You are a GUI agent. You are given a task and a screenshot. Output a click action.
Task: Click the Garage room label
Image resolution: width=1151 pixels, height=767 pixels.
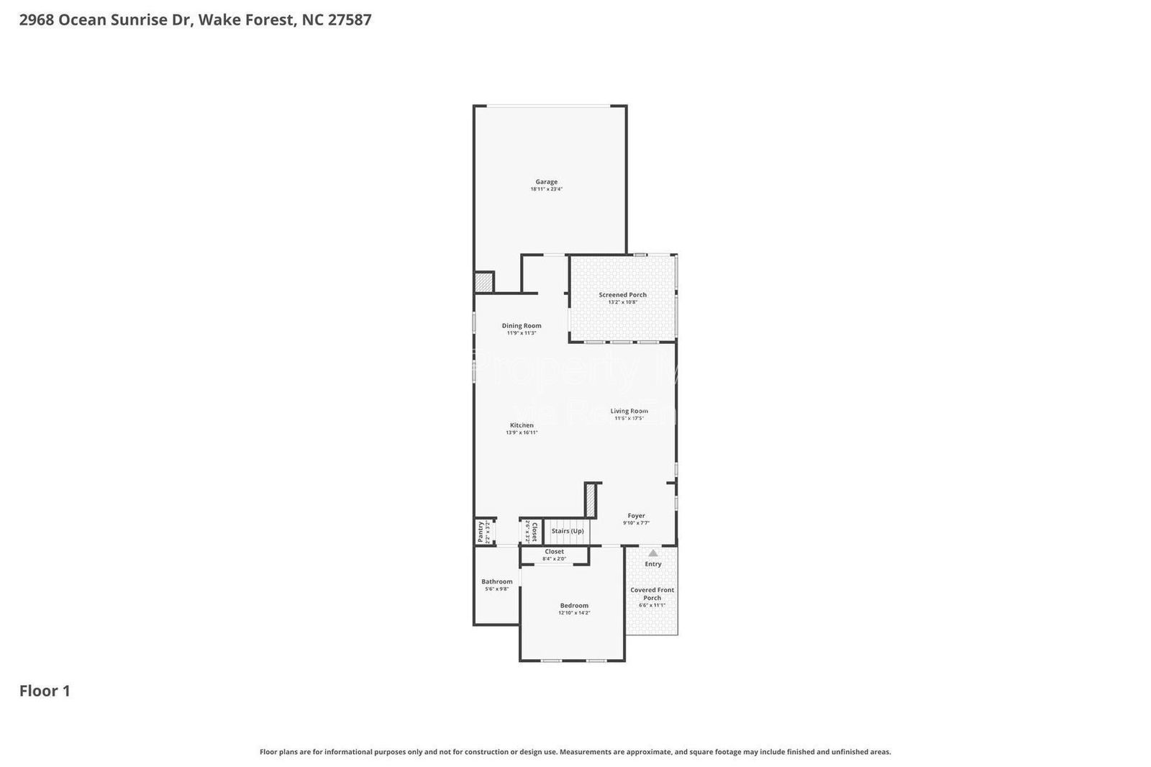tap(546, 182)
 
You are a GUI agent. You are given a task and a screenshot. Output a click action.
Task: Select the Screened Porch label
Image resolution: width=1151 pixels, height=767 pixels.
tap(622, 295)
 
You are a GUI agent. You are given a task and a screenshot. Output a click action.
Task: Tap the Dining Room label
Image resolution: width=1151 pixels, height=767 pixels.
tap(522, 326)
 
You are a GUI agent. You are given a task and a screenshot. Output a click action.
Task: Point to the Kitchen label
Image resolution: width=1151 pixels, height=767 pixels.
tap(522, 425)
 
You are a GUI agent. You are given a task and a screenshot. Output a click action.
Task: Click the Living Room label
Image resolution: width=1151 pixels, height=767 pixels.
tap(629, 412)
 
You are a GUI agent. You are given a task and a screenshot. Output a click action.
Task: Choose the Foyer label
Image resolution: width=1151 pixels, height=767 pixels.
tap(636, 516)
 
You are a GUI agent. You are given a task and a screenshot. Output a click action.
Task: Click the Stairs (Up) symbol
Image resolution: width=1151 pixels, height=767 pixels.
tap(567, 531)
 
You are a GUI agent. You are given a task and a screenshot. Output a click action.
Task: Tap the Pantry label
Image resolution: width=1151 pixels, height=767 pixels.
tap(481, 532)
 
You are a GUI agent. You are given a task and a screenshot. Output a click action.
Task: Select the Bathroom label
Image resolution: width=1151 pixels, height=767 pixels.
tap(496, 581)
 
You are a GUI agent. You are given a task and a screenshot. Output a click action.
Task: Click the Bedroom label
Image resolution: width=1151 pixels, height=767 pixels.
tap(574, 606)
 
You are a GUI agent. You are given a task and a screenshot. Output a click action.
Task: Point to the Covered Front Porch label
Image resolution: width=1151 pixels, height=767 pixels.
tap(652, 594)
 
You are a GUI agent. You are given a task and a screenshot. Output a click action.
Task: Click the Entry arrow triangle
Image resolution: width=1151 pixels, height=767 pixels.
tap(652, 553)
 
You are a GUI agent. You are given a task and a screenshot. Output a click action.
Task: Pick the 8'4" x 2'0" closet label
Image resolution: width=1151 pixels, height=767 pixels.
tap(554, 558)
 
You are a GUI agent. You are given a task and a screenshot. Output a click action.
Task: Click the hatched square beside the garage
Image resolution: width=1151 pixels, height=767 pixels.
tap(484, 282)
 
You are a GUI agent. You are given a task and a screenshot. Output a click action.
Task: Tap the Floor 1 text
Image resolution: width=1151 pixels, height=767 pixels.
tap(45, 691)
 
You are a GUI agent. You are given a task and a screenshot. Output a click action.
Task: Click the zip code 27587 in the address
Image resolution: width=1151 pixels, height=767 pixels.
tap(350, 19)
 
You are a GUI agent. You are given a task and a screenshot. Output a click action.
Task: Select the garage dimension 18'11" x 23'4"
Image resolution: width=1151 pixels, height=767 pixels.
tap(546, 189)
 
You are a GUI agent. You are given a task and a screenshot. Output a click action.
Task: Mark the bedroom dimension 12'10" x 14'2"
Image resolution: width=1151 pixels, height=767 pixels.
tap(574, 613)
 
